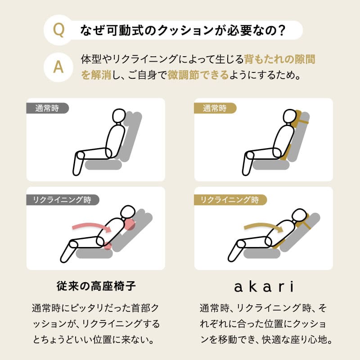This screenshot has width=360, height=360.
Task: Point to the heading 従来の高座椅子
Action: tap(96, 286)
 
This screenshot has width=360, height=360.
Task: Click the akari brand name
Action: tap(263, 286)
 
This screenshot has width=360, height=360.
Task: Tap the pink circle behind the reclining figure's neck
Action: tap(130, 224)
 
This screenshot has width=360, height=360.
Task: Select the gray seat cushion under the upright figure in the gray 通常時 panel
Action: tap(103, 165)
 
